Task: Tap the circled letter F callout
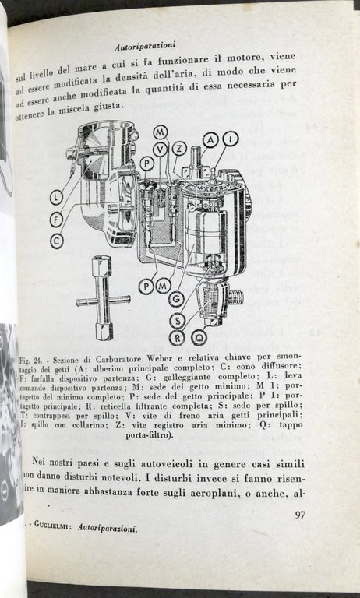coord(56,218)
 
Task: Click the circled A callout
coord(210,139)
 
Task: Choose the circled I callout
coord(230,139)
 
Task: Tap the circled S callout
coord(178,318)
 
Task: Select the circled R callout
coord(178,337)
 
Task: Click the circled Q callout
coord(199,337)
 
